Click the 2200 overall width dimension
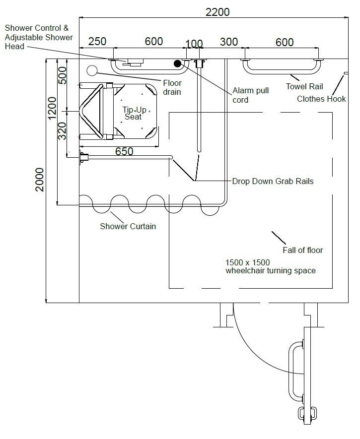(217, 11)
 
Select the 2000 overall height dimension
(40, 180)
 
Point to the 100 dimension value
(194, 42)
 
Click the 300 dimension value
(228, 42)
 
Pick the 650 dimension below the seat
(124, 151)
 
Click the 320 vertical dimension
(63, 131)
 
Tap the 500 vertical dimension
(63, 75)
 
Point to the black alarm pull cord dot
(178, 63)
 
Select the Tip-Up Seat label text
(133, 113)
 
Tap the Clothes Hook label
(321, 99)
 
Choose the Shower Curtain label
(128, 227)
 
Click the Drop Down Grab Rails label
(273, 181)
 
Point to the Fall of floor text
(302, 250)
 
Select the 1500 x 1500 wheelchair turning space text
(271, 266)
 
